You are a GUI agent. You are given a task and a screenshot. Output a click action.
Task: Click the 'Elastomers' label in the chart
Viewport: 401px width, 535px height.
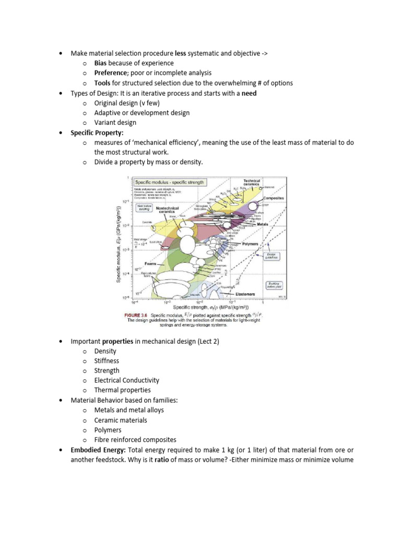tap(245, 294)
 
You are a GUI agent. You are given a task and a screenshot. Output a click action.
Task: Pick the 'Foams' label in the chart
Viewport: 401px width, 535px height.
tap(151, 264)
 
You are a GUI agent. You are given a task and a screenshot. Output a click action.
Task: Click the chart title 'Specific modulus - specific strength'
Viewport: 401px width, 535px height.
tap(171, 182)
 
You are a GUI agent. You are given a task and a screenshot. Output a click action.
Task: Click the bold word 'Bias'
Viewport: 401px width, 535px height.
tap(100, 63)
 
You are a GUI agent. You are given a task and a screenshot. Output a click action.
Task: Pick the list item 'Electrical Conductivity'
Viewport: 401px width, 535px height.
tap(126, 380)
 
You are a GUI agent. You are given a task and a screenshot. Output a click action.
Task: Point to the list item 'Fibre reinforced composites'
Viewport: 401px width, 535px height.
tap(135, 440)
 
